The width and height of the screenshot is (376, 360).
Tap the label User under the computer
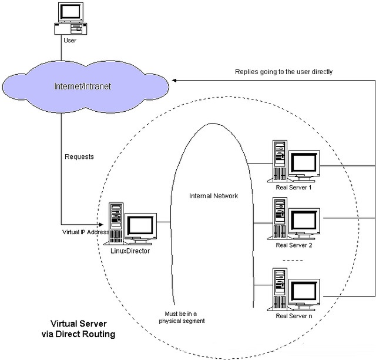69,41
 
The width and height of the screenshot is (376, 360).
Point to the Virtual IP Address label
85,231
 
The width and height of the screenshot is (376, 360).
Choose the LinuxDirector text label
130,251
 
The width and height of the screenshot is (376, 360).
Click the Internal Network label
213,195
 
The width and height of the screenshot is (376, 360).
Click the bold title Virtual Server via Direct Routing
82,328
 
